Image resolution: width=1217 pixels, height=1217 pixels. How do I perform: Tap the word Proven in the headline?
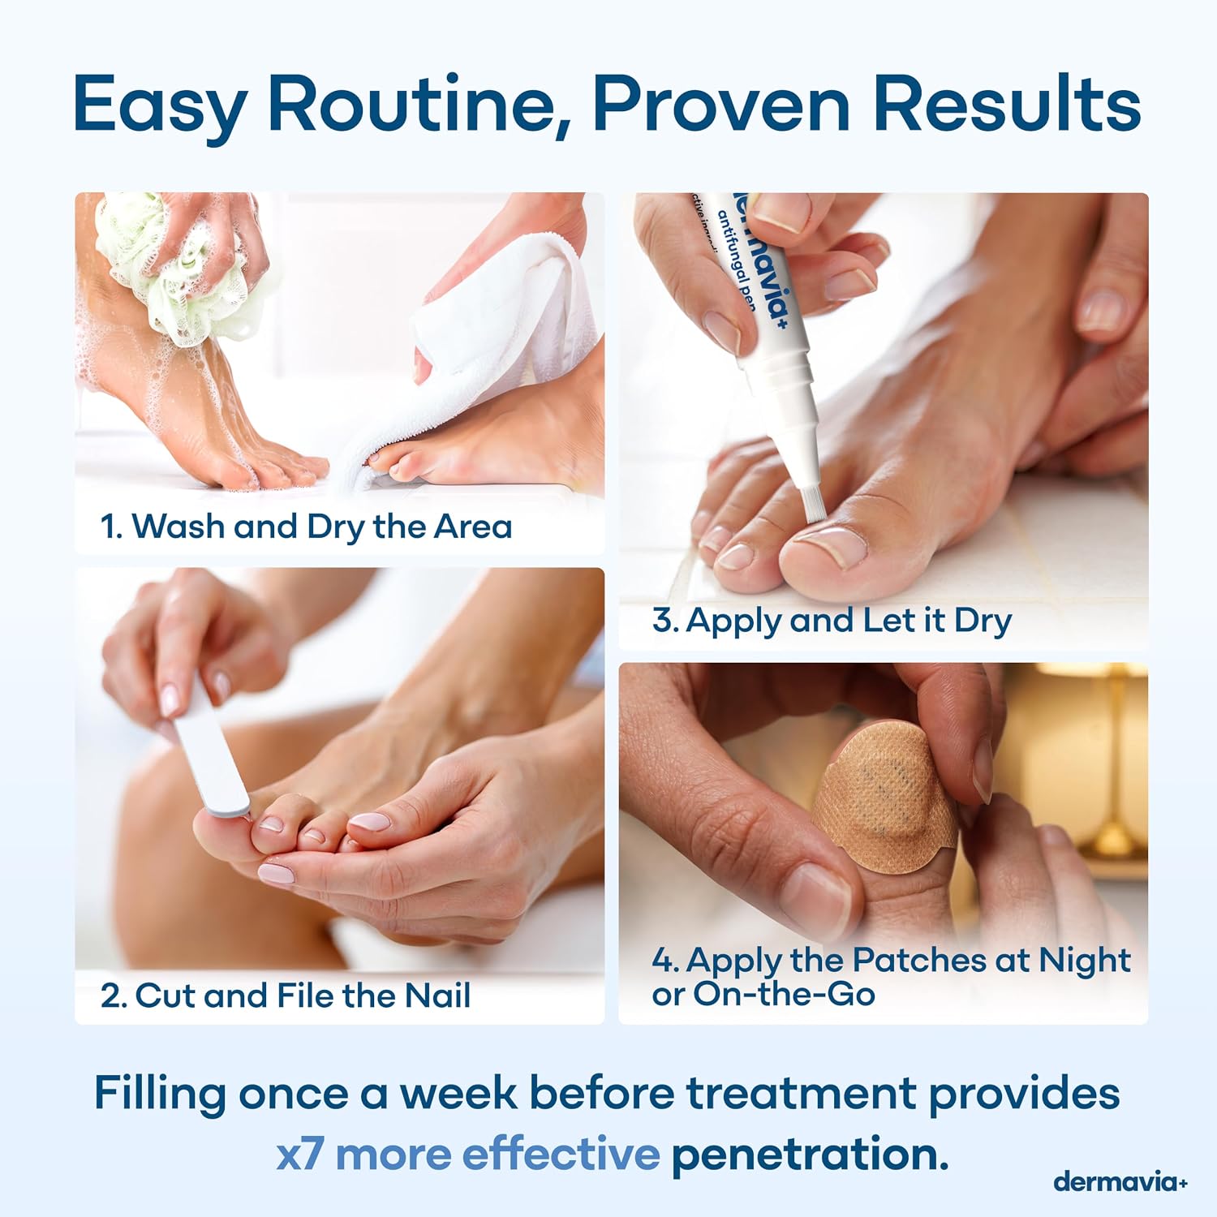(721, 104)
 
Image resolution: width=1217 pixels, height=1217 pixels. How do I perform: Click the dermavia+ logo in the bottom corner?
(1120, 1181)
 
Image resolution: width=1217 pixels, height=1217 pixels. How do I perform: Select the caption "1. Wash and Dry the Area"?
(306, 527)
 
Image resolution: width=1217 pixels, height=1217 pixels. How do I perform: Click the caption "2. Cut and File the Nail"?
(286, 996)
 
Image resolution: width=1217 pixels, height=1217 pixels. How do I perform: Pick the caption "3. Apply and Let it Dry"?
(832, 621)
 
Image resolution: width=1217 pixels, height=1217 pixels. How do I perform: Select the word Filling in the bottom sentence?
(160, 1094)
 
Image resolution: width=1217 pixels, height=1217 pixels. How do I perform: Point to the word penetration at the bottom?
(810, 1155)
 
